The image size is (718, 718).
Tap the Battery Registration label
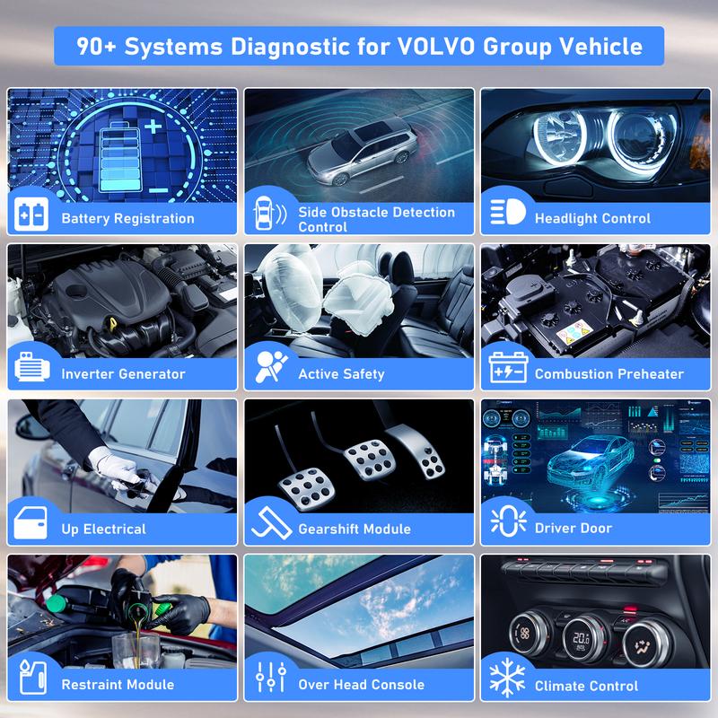[127, 218]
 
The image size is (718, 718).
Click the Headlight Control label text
[592, 218]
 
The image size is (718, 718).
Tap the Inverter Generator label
[123, 373]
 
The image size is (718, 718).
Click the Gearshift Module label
[355, 529]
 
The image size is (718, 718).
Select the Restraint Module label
[118, 685]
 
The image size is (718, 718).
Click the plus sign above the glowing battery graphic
[154, 127]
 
